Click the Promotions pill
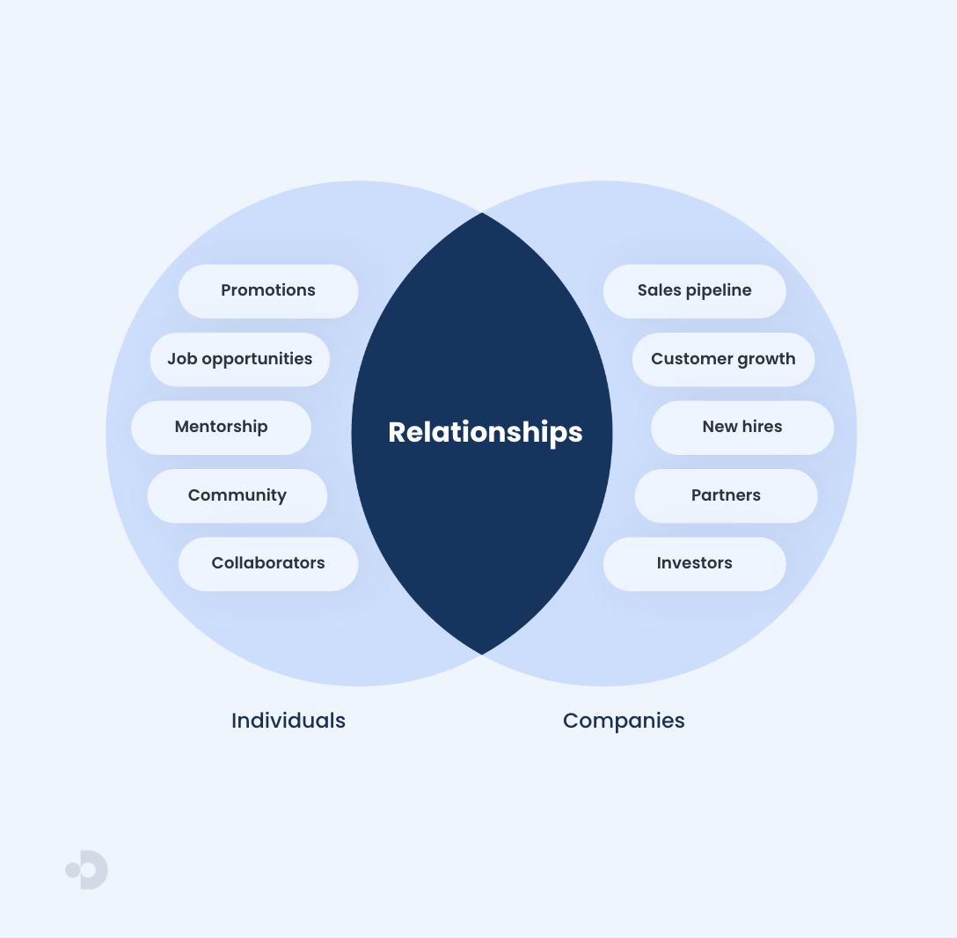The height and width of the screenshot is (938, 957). pyautogui.click(x=268, y=291)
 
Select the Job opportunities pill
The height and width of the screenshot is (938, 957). pyautogui.click(x=239, y=359)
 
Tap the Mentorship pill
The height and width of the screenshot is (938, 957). pyautogui.click(x=221, y=428)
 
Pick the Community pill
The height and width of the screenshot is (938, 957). pyautogui.click(x=237, y=495)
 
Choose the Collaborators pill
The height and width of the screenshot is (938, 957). pyautogui.click(x=268, y=564)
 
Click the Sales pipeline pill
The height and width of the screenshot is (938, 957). pyautogui.click(x=694, y=291)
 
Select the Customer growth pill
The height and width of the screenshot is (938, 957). pyautogui.click(x=723, y=359)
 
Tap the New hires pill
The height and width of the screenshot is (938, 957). pyautogui.click(x=741, y=428)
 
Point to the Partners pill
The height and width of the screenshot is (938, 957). pyautogui.click(x=726, y=495)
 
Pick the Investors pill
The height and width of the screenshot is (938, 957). pyautogui.click(x=694, y=564)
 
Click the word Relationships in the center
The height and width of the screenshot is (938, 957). pyautogui.click(x=485, y=432)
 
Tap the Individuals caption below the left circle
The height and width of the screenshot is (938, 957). pyautogui.click(x=288, y=721)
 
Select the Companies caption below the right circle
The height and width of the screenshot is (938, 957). pyautogui.click(x=624, y=721)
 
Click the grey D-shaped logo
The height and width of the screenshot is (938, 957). pyautogui.click(x=93, y=870)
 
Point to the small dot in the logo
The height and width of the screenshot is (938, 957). pyautogui.click(x=73, y=870)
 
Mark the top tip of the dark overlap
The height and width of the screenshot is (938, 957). pyautogui.click(x=482, y=214)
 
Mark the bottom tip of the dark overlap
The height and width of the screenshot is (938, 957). pyautogui.click(x=482, y=653)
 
